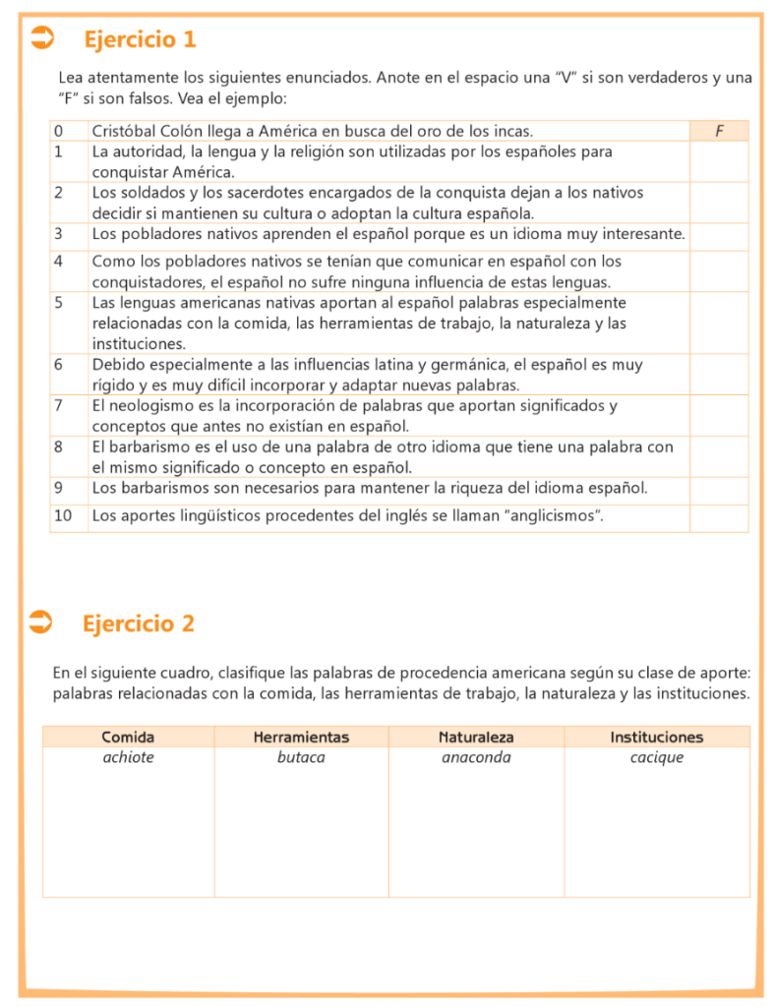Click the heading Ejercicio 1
140,39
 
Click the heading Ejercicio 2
139,623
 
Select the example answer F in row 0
719,131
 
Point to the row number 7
59,405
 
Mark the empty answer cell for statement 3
719,234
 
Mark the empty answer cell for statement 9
719,488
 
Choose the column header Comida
128,737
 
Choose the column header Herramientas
301,737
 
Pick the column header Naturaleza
476,737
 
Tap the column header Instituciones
657,737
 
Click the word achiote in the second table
128,757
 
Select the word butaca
301,757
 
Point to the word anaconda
476,757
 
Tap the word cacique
657,757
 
